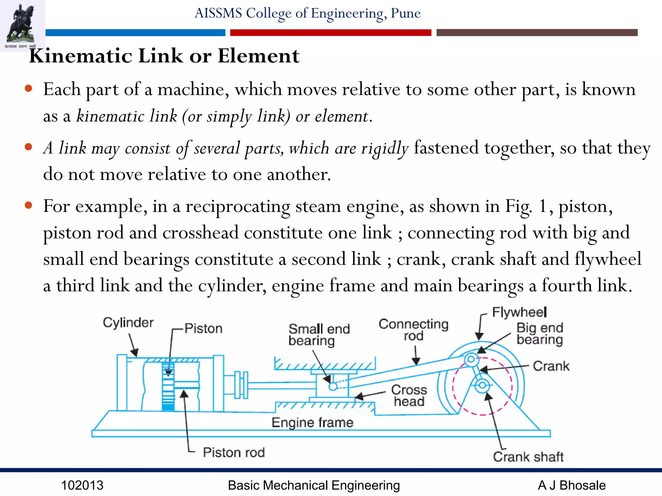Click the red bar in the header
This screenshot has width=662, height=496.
click(x=330, y=33)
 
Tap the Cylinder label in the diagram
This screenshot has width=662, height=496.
click(x=128, y=322)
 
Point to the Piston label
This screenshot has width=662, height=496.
click(x=203, y=328)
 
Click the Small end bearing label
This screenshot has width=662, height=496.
click(x=319, y=335)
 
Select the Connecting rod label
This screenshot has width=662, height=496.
click(x=413, y=330)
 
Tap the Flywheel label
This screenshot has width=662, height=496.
click(x=519, y=312)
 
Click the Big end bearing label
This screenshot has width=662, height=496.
click(x=539, y=334)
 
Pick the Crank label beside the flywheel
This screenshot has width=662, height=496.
click(x=551, y=366)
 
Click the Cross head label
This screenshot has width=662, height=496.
click(x=409, y=396)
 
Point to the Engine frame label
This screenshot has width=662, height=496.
click(x=312, y=422)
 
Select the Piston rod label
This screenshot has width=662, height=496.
click(x=234, y=452)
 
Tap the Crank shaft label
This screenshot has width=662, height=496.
click(x=528, y=457)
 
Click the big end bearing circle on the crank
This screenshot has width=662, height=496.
click(x=471, y=359)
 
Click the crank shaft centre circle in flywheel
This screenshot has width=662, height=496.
click(x=482, y=385)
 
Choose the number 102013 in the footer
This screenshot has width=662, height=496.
click(x=82, y=485)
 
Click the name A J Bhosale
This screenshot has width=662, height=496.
click(x=571, y=485)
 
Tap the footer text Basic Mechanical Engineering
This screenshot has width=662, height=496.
click(x=314, y=485)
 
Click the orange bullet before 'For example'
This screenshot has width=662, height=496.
click(x=28, y=205)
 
